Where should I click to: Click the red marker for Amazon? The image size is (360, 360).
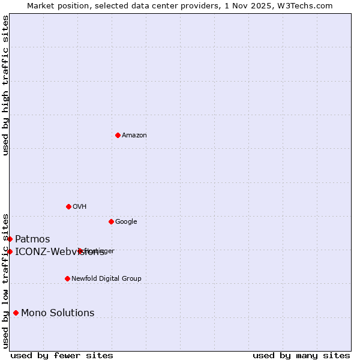pos(118,135)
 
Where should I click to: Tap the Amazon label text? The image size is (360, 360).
pos(134,136)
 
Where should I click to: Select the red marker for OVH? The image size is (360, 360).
pos(68,206)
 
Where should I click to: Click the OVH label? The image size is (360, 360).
pos(80,207)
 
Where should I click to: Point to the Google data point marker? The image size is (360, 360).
pos(111,221)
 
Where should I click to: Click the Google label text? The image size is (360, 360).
pos(126,222)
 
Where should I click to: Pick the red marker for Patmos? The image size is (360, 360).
pos(10,239)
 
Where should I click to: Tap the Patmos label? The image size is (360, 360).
pos(32,239)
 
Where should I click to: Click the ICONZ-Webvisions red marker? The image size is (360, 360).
pos(10,251)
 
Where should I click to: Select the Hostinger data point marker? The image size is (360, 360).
pos(80,251)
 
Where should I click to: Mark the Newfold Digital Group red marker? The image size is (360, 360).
pos(67,278)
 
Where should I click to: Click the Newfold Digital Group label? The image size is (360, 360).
pos(106,279)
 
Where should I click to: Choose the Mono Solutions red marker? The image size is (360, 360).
pos(16,313)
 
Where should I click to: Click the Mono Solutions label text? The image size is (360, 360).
pos(58,313)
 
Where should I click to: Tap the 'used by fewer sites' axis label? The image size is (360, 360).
pos(62,356)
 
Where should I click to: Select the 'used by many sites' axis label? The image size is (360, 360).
pos(301,356)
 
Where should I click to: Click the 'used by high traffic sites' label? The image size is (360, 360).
pos(5,85)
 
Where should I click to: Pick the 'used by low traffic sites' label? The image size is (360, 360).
pos(5,280)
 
